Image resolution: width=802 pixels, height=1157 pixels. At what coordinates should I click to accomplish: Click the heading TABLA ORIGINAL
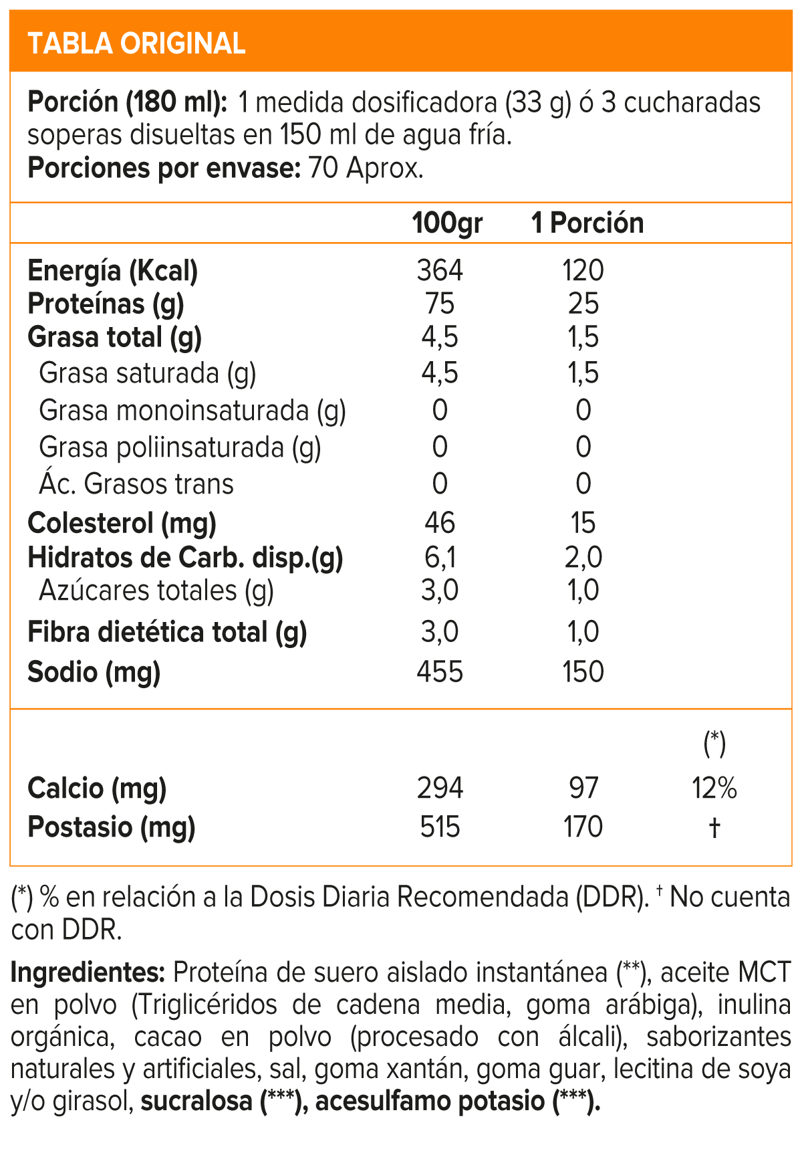(137, 43)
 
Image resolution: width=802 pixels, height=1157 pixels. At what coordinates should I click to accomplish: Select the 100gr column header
(446, 223)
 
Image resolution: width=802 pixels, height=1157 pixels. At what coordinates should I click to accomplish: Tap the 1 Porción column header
(587, 223)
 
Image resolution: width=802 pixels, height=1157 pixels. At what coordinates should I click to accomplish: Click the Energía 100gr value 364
(440, 270)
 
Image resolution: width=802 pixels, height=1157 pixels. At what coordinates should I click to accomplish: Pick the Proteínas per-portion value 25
(583, 304)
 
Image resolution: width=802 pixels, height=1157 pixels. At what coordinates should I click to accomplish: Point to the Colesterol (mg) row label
(122, 523)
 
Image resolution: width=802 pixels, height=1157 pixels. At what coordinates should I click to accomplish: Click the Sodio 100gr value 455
(440, 671)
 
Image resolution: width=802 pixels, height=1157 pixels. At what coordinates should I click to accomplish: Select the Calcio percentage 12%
(714, 788)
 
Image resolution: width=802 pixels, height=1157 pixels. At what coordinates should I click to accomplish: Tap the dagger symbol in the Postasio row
(714, 828)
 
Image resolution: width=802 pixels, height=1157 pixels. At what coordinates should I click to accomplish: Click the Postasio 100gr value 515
(440, 827)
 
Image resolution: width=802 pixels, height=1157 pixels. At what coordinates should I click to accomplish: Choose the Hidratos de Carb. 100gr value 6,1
(440, 557)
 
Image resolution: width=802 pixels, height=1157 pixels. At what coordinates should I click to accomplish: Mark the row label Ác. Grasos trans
(136, 484)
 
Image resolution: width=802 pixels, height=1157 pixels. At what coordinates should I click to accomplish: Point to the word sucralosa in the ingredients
(196, 1101)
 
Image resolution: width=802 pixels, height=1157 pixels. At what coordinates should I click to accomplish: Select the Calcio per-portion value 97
(583, 788)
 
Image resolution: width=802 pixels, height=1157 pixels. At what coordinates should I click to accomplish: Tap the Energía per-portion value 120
(583, 270)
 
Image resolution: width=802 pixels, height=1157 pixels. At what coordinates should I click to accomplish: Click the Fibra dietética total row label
(167, 632)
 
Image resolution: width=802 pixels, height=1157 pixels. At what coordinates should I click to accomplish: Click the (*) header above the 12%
(714, 743)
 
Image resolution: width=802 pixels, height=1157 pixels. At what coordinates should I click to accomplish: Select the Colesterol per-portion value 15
(583, 523)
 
